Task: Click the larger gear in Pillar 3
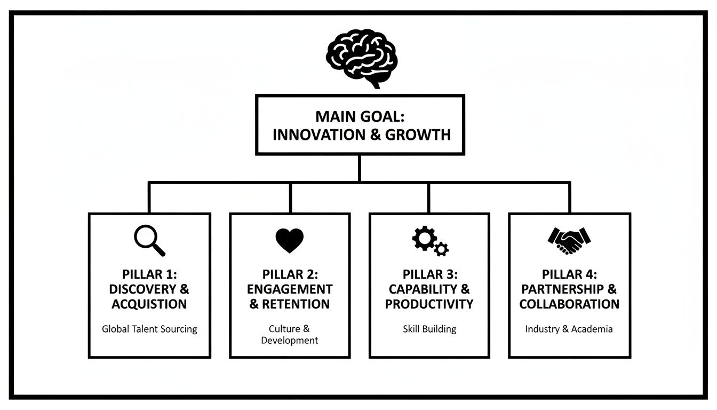[424, 238]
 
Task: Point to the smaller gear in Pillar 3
[441, 249]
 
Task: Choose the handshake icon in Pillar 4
[569, 241]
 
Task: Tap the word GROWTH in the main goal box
[418, 135]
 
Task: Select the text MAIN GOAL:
[360, 117]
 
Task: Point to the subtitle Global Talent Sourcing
[149, 329]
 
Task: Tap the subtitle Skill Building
[429, 329]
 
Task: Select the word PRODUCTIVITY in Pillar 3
[429, 304]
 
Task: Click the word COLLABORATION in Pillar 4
[569, 304]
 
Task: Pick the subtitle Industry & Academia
[569, 329]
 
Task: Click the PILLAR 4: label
[569, 274]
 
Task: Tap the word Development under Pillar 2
[289, 340]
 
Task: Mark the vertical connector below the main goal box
[360, 168]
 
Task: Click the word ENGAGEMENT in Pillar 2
[290, 289]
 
